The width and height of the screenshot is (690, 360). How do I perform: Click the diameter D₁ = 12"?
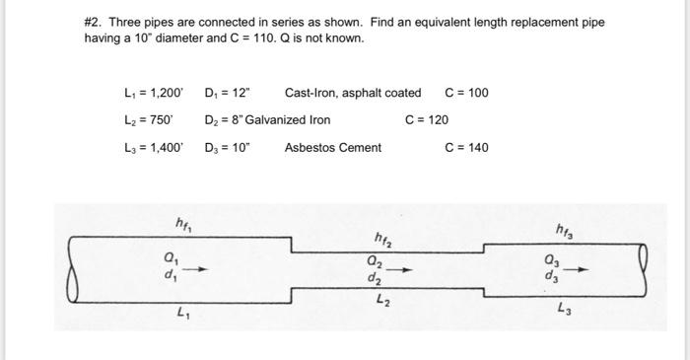pyautogui.click(x=228, y=93)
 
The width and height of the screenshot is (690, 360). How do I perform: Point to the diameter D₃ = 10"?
pyautogui.click(x=228, y=148)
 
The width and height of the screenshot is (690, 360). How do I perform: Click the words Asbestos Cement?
pyautogui.click(x=332, y=148)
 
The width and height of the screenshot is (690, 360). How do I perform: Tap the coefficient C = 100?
pyautogui.click(x=467, y=93)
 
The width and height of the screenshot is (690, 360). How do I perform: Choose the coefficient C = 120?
pyautogui.click(x=427, y=120)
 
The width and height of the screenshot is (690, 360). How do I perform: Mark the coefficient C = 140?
pyautogui.click(x=467, y=148)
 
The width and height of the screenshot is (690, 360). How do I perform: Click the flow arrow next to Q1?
pyautogui.click(x=197, y=266)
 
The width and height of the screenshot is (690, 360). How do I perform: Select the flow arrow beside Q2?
pyautogui.click(x=398, y=269)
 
